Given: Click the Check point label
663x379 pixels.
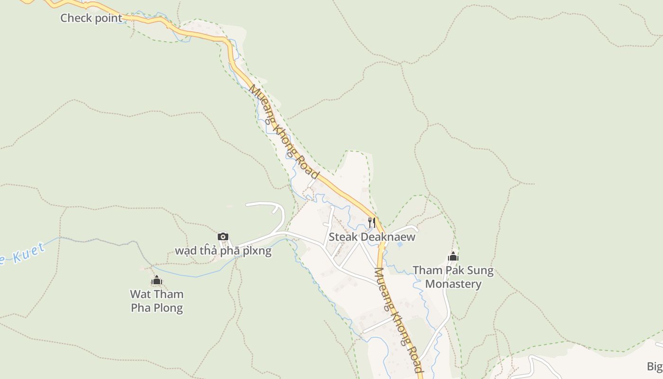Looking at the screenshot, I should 91,18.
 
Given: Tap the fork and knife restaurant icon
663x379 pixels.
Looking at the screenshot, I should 372,222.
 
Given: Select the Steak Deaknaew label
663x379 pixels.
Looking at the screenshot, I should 372,237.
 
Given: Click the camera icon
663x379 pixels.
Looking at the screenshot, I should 223,236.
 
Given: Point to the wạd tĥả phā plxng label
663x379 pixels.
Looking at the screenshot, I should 223,251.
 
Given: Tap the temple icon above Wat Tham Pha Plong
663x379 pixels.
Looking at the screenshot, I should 157,280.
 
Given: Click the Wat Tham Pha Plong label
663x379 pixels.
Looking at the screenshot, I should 157,301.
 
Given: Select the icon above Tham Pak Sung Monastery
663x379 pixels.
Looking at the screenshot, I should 453,256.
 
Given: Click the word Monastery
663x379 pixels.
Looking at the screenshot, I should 453,284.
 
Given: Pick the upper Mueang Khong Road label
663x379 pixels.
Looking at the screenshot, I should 284,132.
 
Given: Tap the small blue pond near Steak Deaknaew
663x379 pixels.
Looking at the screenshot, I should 400,245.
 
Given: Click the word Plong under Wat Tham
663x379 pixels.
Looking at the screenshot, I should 167,308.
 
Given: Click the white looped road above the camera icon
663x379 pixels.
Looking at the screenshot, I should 270,205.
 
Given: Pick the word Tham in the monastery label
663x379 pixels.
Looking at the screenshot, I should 426,271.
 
